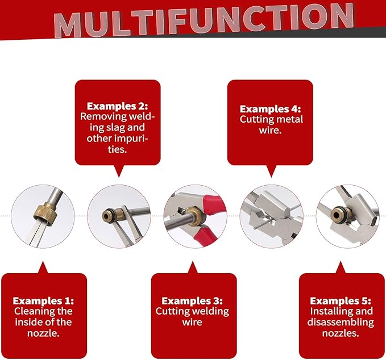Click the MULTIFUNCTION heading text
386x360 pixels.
(204, 20)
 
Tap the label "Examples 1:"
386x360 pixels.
(43, 301)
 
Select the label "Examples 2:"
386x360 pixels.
(118, 106)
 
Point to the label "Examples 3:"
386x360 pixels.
(192, 301)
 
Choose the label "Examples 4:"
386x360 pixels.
(270, 109)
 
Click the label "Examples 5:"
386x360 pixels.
(341, 301)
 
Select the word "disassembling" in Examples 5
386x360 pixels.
(341, 323)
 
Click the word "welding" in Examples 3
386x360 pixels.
(211, 312)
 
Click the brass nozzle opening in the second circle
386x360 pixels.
(106, 216)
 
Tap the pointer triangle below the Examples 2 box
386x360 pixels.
(119, 171)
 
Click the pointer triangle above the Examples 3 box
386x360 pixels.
(193, 267)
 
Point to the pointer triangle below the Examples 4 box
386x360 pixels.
(271, 171)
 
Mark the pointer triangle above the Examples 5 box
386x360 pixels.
(341, 267)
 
